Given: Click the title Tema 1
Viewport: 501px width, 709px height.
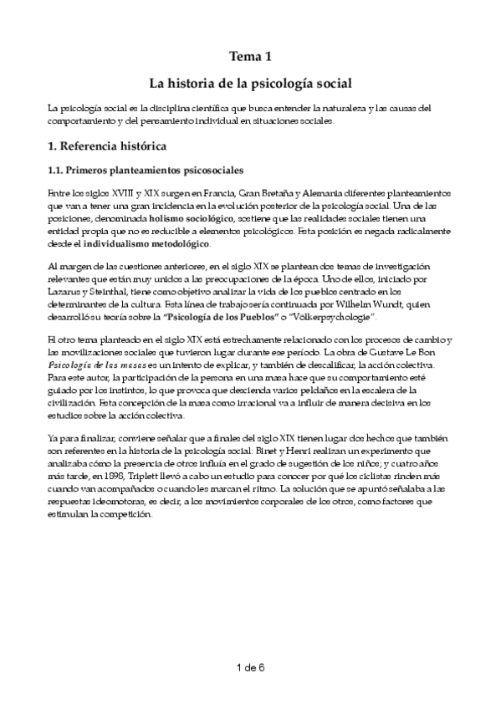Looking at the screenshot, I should pos(250,57).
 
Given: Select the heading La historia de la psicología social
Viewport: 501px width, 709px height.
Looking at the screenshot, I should pos(250,84).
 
